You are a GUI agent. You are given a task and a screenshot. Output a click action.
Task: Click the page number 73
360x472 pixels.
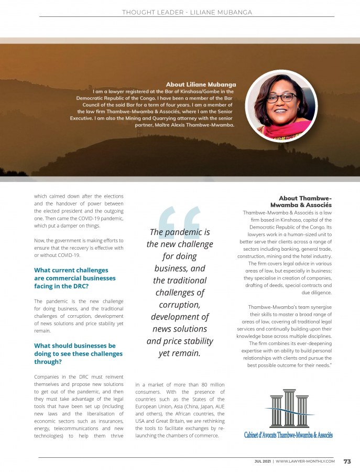coord(347,462)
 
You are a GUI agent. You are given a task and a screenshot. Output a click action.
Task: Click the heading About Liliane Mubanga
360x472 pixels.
coord(201,84)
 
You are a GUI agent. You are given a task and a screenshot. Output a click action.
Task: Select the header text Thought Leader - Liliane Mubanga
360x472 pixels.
coord(180,12)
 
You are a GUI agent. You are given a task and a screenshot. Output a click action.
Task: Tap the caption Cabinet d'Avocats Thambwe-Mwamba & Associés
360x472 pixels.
coord(288,435)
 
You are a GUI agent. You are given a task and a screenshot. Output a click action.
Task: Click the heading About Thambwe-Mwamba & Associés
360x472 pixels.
coord(300,201)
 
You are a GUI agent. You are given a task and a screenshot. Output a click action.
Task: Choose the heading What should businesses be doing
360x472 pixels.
coord(78,353)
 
